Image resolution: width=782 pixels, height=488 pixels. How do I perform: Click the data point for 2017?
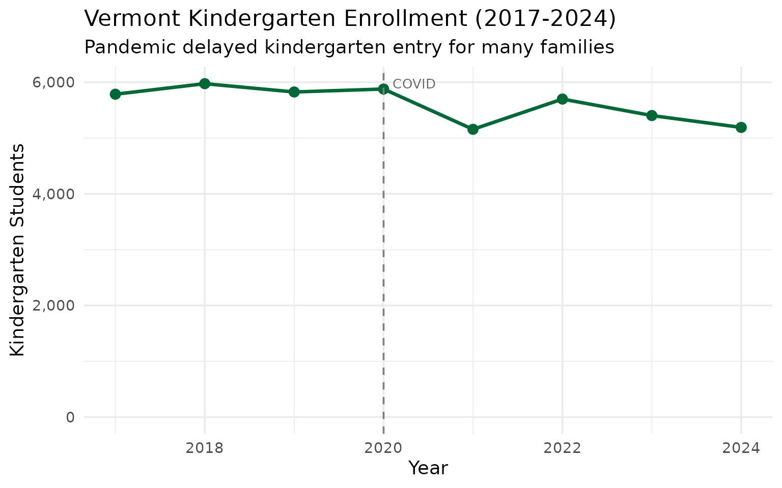(115, 94)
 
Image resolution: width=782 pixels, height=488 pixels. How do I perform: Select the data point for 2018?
(205, 83)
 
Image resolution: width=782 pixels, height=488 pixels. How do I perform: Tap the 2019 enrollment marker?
(294, 92)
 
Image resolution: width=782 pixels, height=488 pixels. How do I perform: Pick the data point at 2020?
(383, 89)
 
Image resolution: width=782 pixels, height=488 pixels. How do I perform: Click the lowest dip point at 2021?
(473, 129)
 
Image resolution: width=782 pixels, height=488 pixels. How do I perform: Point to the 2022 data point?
(562, 99)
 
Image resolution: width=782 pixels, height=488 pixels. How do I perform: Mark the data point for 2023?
(652, 115)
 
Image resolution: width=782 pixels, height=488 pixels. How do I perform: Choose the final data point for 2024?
(741, 127)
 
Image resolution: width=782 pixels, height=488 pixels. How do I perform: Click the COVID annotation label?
(414, 84)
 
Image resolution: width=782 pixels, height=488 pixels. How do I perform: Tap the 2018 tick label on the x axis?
(205, 448)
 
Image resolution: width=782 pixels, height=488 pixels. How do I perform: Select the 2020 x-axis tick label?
(383, 448)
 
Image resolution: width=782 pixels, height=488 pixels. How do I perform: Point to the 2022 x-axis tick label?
(562, 448)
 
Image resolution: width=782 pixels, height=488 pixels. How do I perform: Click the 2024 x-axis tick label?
(741, 448)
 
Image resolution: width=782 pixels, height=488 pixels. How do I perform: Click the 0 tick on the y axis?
(70, 417)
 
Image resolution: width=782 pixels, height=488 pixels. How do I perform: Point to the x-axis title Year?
(428, 468)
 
